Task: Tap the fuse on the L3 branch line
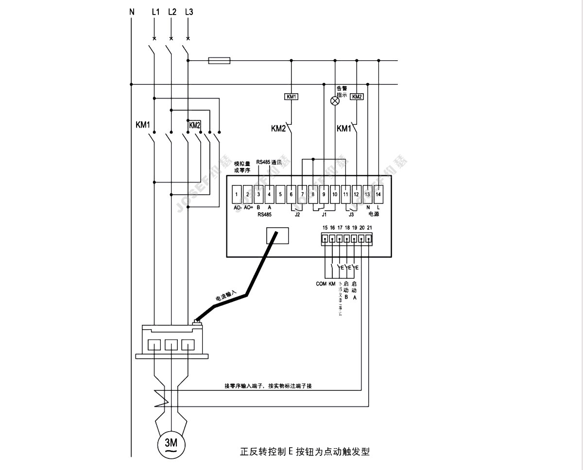[219, 61]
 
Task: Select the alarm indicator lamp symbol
[335, 101]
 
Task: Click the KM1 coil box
[291, 97]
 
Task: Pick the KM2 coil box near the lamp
[357, 97]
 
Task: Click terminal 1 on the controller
[237, 194]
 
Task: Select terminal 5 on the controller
[280, 194]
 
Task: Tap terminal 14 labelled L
[379, 194]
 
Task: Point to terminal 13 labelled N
[368, 194]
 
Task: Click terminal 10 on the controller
[335, 194]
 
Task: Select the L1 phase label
[155, 12]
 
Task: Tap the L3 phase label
[189, 12]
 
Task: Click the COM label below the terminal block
[321, 284]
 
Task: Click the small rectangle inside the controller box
[277, 235]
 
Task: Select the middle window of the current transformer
[171, 345]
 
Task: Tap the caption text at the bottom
[305, 452]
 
